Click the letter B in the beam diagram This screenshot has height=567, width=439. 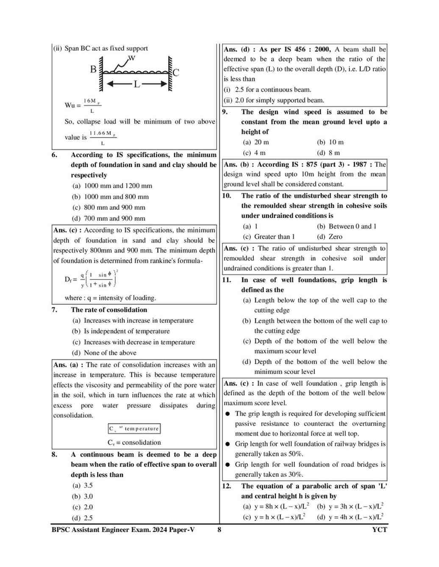(93, 69)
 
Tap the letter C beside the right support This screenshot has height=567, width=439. (176, 72)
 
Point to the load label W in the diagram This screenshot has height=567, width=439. (131, 58)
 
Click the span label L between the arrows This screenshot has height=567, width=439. (136, 84)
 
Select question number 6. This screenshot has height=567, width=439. (55, 155)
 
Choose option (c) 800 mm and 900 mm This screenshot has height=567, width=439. (109, 207)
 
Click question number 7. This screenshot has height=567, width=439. (55, 310)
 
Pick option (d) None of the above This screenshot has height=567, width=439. (105, 353)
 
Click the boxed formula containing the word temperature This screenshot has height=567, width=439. (134, 429)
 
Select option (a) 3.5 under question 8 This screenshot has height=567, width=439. (83, 486)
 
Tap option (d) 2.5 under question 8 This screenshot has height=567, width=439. (83, 518)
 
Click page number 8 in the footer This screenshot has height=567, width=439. (219, 529)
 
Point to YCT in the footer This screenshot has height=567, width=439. (379, 529)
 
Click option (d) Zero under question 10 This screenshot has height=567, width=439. (330, 237)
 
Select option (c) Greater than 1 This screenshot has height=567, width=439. (269, 237)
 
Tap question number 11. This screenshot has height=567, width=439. (227, 280)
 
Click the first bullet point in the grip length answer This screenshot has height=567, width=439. (228, 414)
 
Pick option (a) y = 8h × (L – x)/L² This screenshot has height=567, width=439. (276, 506)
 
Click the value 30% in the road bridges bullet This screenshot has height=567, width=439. (295, 474)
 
